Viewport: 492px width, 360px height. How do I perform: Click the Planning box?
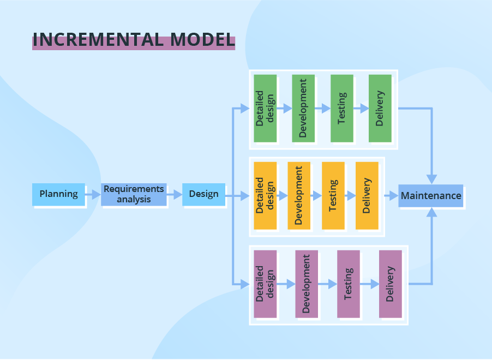[x=58, y=194]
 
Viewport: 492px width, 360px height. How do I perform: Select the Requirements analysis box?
[x=134, y=194]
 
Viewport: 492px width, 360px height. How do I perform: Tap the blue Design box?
[x=203, y=194]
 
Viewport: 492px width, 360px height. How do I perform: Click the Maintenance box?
[x=431, y=195]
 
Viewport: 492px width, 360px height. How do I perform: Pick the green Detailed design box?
[x=265, y=108]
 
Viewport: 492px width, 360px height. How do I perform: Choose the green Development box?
[x=303, y=108]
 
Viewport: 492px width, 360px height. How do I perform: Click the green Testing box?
[x=342, y=108]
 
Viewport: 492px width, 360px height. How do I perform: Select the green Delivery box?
[x=380, y=108]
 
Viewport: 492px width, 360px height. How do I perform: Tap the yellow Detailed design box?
[x=265, y=195]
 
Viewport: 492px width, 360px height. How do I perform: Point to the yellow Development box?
[x=299, y=195]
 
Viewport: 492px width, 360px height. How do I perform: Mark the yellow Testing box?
[x=333, y=195]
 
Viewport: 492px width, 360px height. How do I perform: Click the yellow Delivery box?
[x=367, y=195]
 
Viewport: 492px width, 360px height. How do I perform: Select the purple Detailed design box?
[x=265, y=284]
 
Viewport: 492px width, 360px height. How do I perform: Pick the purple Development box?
[x=307, y=284]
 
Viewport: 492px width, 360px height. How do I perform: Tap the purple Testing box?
[x=348, y=284]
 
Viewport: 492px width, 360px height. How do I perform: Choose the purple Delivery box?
[x=390, y=284]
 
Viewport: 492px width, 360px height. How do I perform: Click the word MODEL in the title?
[x=202, y=40]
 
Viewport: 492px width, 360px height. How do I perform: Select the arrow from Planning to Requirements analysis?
[x=93, y=194]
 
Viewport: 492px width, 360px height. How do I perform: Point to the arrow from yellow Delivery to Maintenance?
[x=391, y=195]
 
